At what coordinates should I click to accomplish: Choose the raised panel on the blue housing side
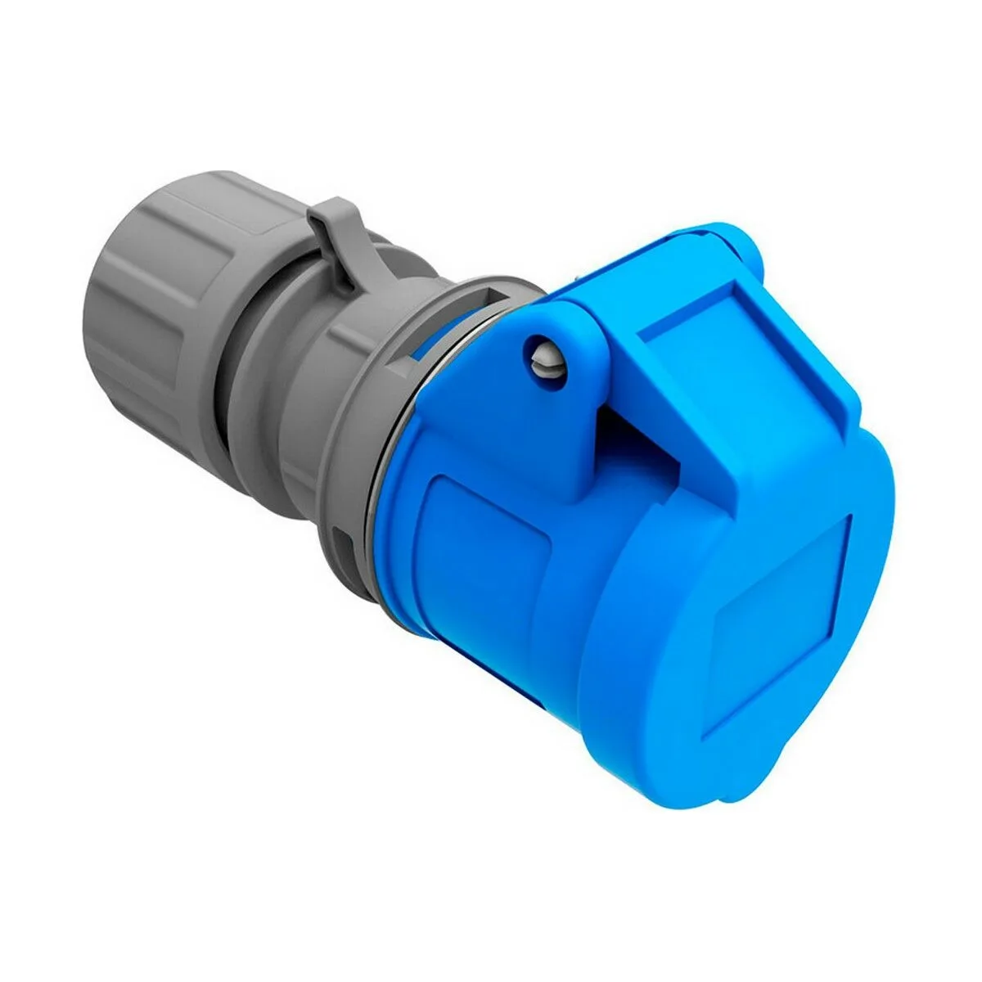pyautogui.click(x=483, y=565)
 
